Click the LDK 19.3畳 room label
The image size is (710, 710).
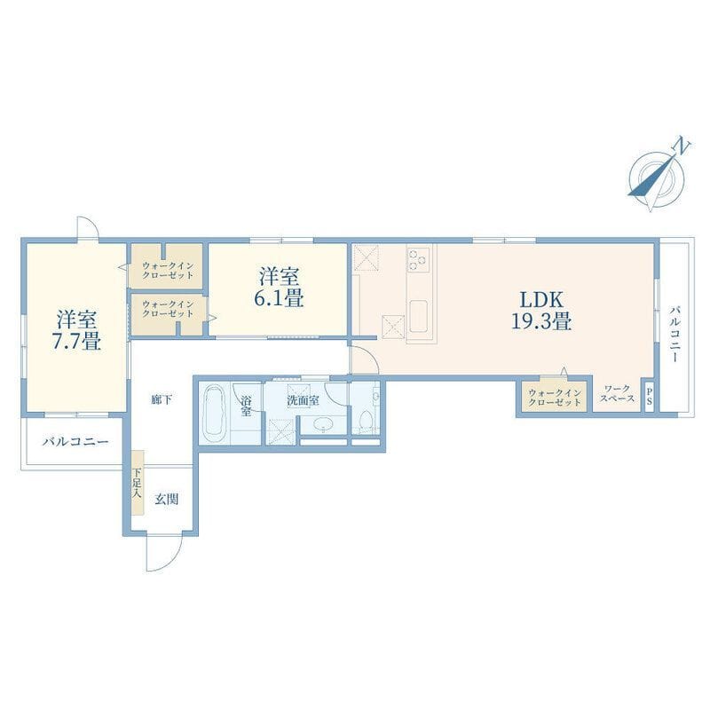coord(541,310)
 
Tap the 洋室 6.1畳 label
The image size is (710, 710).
coord(279,287)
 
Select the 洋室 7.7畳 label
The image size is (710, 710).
coord(76,329)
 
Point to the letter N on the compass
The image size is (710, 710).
coord(682,146)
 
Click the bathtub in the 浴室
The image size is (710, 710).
coord(214,413)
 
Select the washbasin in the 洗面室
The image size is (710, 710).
coord(323,424)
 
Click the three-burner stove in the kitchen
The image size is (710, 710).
coord(418,259)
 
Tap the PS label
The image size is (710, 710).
coord(650,396)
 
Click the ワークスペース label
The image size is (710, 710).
coord(618,393)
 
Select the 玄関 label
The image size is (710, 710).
coord(167,500)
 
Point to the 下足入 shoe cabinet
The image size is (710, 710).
coord(138,482)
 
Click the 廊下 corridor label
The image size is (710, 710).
coord(162,399)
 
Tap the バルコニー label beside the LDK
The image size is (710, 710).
coord(674,335)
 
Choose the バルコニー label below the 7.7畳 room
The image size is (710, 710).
coord(75,441)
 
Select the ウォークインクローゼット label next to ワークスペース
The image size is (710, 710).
coord(555,398)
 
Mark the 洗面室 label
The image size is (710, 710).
coord(303,400)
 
